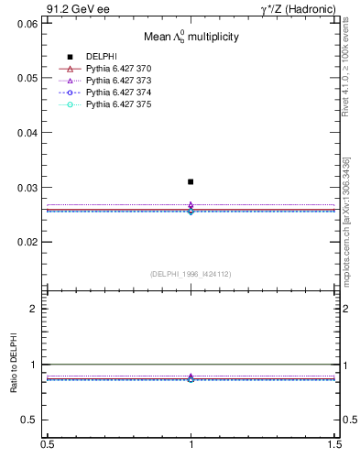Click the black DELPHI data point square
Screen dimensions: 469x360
click(191, 181)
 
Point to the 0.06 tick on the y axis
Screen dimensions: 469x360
click(29, 23)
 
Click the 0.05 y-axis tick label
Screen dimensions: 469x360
click(29, 78)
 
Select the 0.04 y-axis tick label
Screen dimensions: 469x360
click(29, 133)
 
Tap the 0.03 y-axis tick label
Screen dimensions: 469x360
click(29, 188)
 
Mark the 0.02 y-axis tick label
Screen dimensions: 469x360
click(29, 243)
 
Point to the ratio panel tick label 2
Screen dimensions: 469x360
click(34, 309)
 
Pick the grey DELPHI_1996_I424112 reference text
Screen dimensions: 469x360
click(191, 274)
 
